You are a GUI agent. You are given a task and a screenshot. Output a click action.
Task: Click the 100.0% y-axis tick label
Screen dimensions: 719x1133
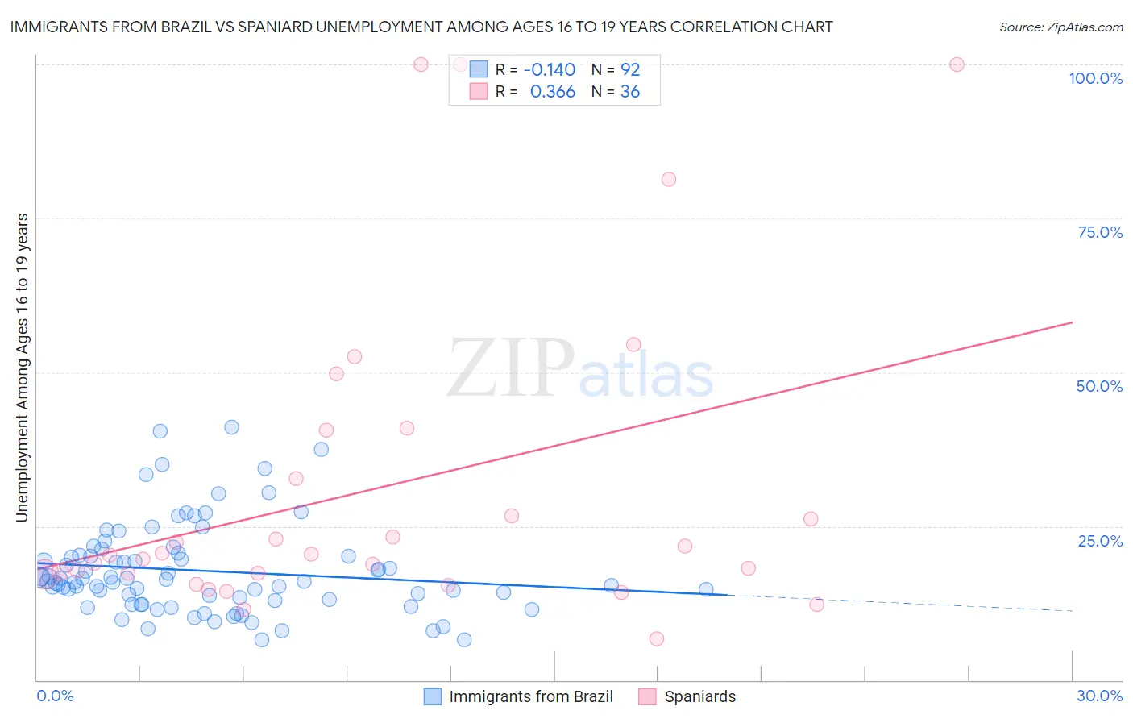pos(1095,78)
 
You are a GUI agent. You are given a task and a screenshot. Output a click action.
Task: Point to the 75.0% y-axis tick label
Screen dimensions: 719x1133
pos(1100,232)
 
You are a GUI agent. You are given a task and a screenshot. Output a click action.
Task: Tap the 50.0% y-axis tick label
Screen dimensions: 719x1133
pos(1099,386)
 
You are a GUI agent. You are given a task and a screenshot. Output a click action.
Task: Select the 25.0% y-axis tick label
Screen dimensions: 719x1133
pos(1100,541)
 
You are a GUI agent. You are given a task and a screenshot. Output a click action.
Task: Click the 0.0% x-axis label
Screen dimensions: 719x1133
pos(55,696)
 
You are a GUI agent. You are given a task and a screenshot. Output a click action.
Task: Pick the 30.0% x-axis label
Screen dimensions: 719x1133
pos(1099,696)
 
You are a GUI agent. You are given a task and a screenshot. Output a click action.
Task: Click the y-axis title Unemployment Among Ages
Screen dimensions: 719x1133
pos(23,368)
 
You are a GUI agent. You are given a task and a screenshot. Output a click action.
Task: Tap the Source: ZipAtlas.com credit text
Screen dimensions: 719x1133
pos(1060,27)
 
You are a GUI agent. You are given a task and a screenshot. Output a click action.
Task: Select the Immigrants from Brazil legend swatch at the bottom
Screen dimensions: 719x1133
pos(433,696)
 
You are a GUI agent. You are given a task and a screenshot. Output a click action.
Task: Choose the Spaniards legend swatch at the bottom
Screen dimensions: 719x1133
pos(647,696)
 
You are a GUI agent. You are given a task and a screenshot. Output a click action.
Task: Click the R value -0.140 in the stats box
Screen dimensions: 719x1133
pos(550,70)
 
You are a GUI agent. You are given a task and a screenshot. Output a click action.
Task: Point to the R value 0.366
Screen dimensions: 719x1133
pos(552,92)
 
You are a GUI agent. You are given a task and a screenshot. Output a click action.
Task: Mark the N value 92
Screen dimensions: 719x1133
pos(630,70)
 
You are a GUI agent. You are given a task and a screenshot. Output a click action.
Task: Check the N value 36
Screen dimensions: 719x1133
pos(630,92)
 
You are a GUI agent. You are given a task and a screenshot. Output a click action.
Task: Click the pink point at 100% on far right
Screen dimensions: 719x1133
pos(957,64)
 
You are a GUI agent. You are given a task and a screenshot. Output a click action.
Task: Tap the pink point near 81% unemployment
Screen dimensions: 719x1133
pos(668,179)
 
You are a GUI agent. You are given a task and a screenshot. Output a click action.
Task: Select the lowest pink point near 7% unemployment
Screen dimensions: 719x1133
pos(657,638)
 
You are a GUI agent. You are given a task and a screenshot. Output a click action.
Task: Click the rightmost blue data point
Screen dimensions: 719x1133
pos(706,589)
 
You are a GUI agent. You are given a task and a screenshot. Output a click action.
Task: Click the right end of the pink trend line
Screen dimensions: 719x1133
pos(1072,322)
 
